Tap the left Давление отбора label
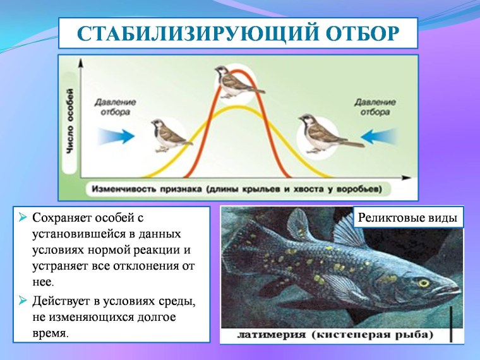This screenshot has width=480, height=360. pos(115,106)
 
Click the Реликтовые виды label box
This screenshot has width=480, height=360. pos(407,218)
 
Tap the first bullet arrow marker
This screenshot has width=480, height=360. pos(23,218)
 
